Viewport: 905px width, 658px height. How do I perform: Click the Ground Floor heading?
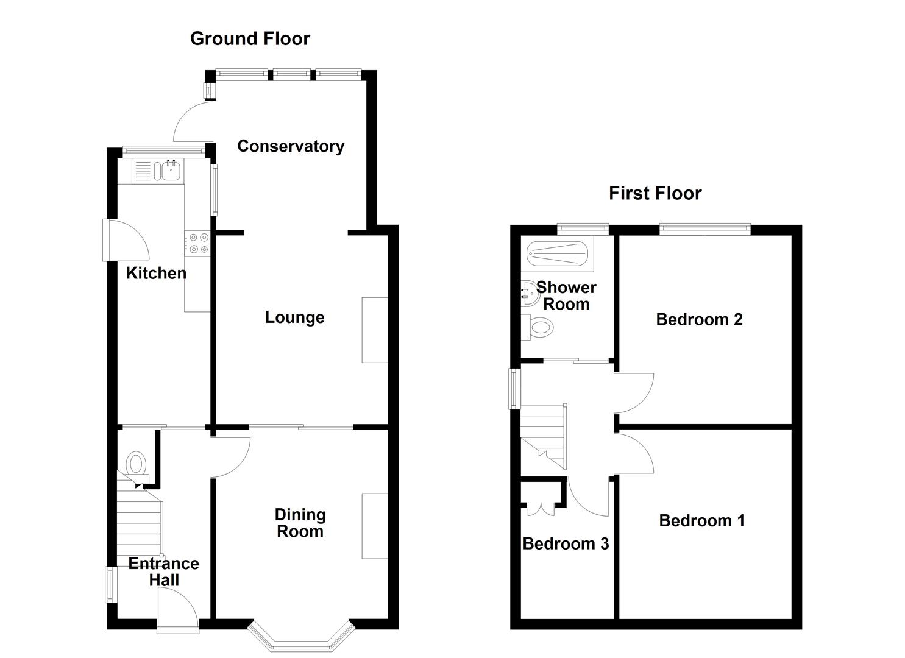pyautogui.click(x=250, y=38)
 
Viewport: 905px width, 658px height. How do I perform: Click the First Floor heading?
pyautogui.click(x=655, y=193)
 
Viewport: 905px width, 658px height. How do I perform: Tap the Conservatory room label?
pyautogui.click(x=290, y=146)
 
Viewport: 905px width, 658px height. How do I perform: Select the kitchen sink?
pyautogui.click(x=169, y=170)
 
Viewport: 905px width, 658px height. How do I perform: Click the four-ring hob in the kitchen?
pyautogui.click(x=197, y=243)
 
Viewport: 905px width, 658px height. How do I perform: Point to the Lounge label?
pyautogui.click(x=294, y=317)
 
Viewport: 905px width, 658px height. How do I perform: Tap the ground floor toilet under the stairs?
pyautogui.click(x=137, y=463)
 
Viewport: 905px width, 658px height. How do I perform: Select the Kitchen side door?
pyautogui.click(x=125, y=241)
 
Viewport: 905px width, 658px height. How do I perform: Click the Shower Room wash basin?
pyautogui.click(x=528, y=295)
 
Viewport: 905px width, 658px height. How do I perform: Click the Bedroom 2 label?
pyautogui.click(x=699, y=319)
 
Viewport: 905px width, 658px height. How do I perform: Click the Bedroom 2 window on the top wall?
pyautogui.click(x=704, y=228)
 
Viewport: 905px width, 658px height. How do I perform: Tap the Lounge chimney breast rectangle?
pyautogui.click(x=375, y=330)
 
